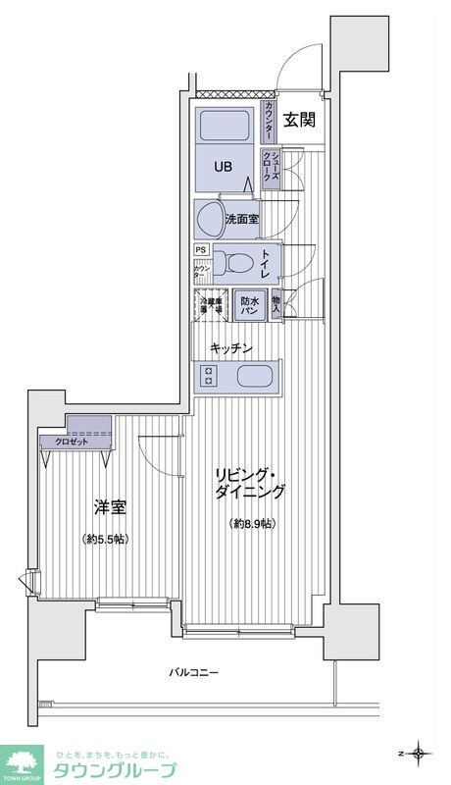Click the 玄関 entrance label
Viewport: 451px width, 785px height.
click(300, 121)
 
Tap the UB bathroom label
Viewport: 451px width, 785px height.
click(225, 166)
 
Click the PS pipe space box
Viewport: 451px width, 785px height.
click(200, 249)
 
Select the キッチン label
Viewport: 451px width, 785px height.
click(231, 348)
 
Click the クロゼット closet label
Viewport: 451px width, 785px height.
click(65, 442)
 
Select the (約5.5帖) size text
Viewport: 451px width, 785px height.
click(106, 539)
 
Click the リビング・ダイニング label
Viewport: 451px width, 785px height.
click(251, 484)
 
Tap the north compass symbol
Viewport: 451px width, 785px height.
click(420, 753)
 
